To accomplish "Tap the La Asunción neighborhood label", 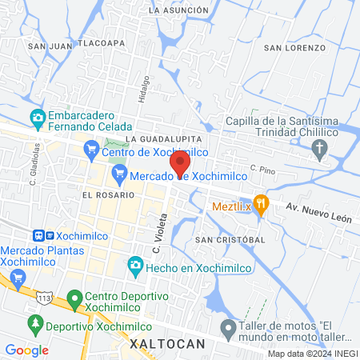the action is (178, 10).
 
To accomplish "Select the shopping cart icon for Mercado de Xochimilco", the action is (120, 174).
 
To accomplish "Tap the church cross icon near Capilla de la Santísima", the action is (320, 148).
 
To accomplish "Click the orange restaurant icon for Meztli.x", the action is (259, 202).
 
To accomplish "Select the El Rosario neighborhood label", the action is (105, 194).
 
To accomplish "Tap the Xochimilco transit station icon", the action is (38, 236).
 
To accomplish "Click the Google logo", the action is (26, 350).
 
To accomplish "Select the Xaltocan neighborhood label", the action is (167, 343).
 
